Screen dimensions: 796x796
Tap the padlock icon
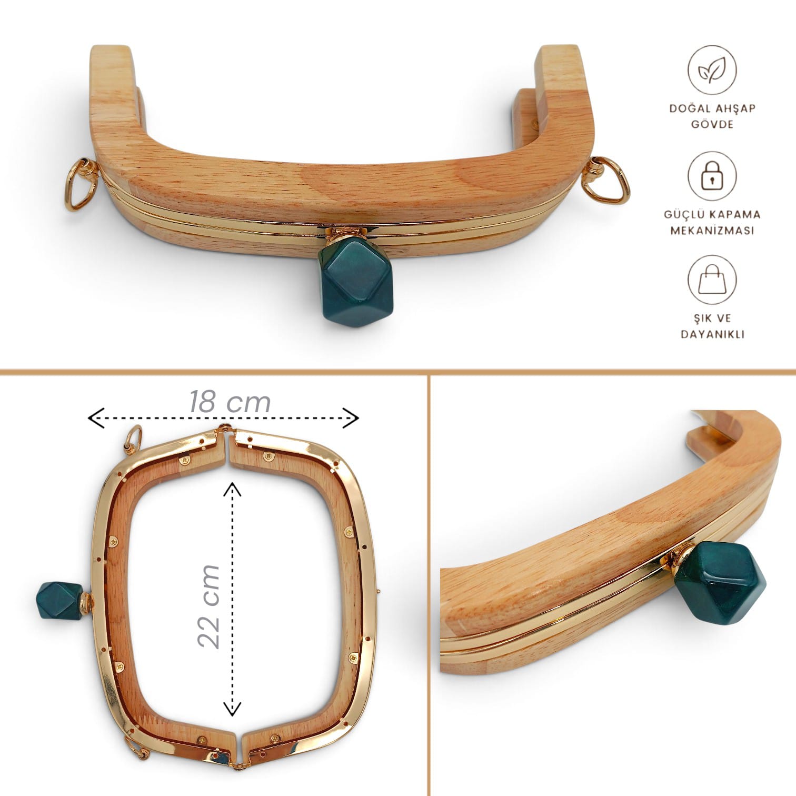(712, 176)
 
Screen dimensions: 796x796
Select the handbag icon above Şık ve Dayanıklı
(712, 280)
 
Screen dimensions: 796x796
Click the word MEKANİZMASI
(712, 230)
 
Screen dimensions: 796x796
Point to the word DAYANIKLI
(712, 334)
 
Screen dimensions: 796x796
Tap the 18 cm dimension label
(230, 402)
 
